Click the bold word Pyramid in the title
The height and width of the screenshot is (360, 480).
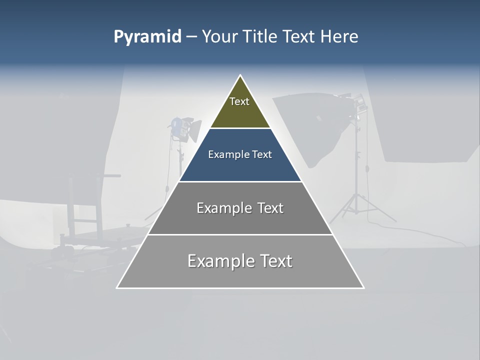[147, 37]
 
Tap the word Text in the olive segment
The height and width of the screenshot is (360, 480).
[239, 101]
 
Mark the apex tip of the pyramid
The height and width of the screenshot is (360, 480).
[240, 75]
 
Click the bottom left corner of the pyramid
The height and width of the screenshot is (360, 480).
[117, 287]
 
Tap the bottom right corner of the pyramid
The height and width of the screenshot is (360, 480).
[363, 287]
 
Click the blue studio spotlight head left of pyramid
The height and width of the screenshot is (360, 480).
[178, 126]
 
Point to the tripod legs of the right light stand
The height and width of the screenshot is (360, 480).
[357, 207]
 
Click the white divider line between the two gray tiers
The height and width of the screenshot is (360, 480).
[240, 234]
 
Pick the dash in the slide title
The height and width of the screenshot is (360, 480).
[191, 37]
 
